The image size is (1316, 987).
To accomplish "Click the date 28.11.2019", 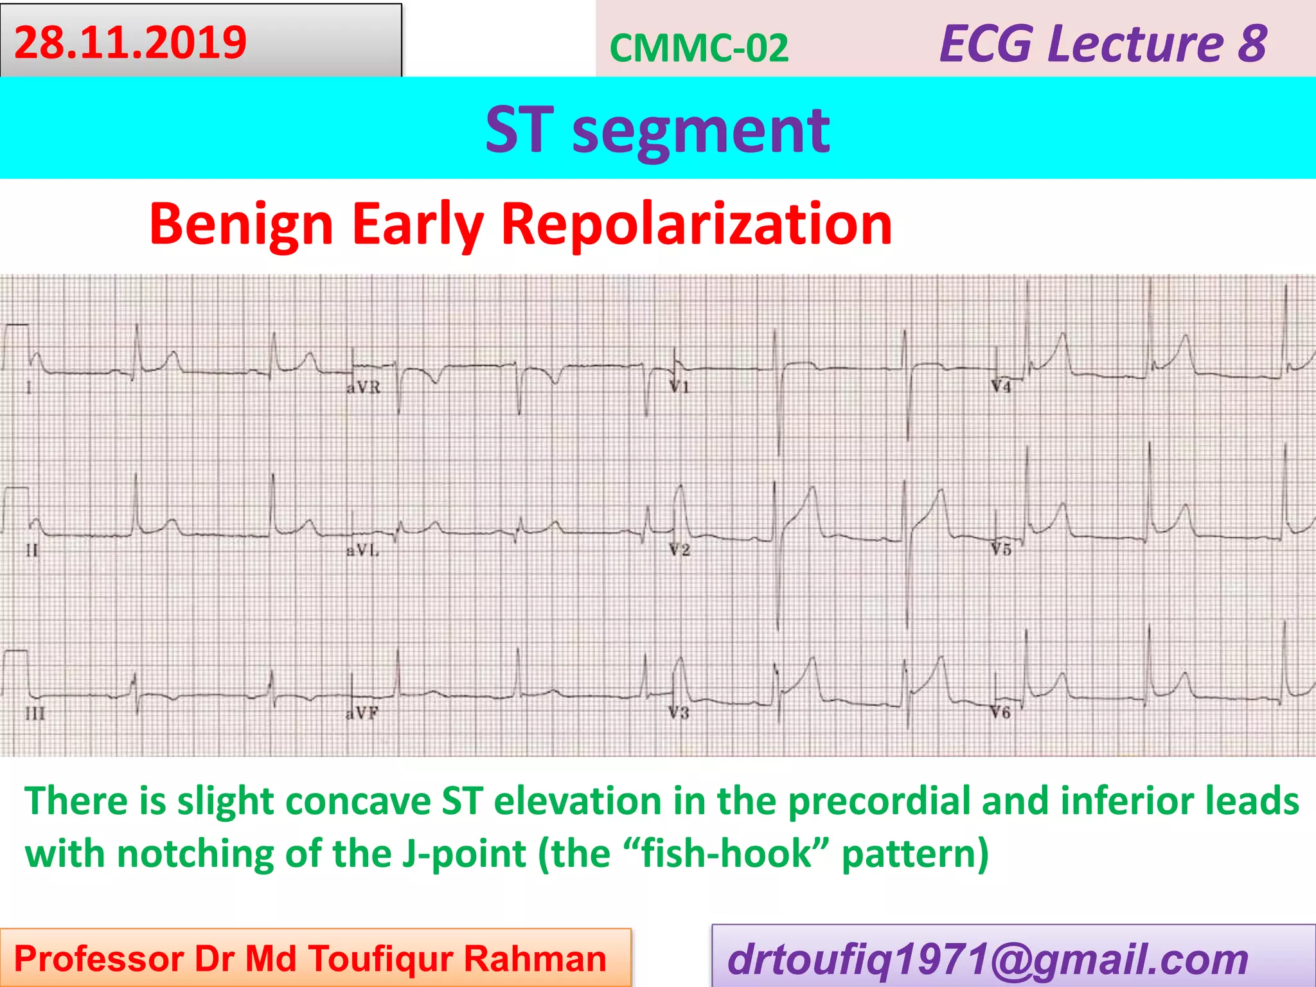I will [x=130, y=42].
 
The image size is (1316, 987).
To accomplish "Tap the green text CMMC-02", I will [x=698, y=48].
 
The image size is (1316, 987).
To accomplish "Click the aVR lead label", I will [x=364, y=387].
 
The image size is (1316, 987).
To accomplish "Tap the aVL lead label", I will [x=363, y=551].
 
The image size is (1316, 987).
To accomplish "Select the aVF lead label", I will [x=362, y=713].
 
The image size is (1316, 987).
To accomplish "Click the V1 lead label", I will [x=679, y=387].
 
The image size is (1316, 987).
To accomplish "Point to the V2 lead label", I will [x=679, y=550].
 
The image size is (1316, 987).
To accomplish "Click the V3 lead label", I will [x=679, y=713].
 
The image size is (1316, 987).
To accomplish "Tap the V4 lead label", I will [x=1000, y=387].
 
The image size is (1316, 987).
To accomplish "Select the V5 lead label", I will [x=1000, y=550].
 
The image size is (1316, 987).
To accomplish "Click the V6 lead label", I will [x=1000, y=713].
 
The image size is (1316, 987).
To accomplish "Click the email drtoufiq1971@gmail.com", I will [x=988, y=959].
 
